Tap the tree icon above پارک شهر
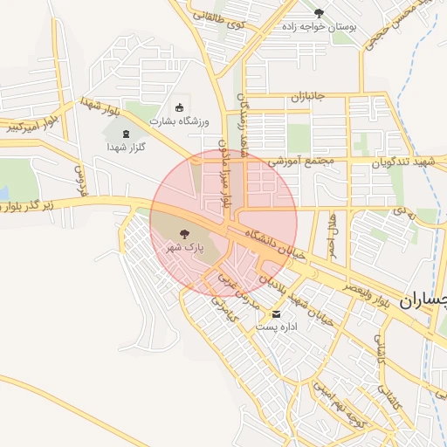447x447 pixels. pyautogui.click(x=184, y=233)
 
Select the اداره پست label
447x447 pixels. pyautogui.click(x=278, y=327)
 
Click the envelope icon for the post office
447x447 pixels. pyautogui.click(x=278, y=313)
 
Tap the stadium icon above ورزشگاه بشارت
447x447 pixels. pyautogui.click(x=180, y=107)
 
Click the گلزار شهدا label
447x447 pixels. pyautogui.click(x=126, y=148)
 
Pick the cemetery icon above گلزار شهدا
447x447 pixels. pyautogui.click(x=126, y=134)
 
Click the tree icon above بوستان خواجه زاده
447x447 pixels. pyautogui.click(x=318, y=13)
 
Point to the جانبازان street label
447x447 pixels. pyautogui.click(x=307, y=95)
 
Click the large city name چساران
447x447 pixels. pyautogui.click(x=423, y=300)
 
